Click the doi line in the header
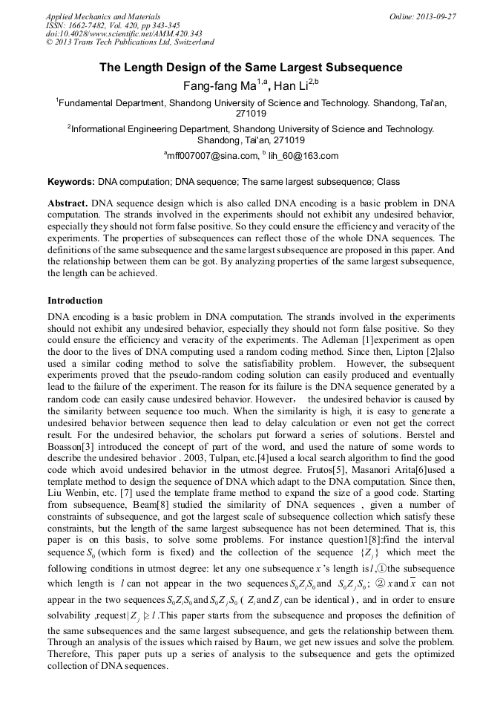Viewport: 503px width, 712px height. tap(124, 33)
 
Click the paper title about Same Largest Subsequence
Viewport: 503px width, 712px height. tap(251, 68)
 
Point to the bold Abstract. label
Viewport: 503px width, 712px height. tap(68, 203)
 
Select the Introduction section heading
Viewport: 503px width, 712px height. tap(75, 301)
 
